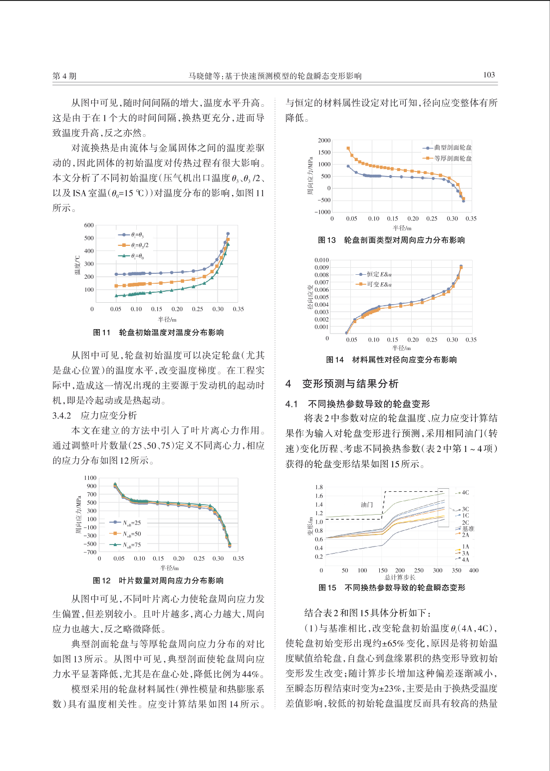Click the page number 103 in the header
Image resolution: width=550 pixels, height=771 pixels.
(489, 75)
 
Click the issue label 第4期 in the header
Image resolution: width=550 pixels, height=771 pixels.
(64, 76)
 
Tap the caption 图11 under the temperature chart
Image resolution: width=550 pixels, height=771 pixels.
(102, 333)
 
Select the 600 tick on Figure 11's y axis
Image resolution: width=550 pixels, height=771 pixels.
(89, 225)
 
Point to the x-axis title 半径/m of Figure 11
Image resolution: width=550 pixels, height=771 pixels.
(167, 319)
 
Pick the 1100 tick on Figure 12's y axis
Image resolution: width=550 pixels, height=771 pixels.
(90, 478)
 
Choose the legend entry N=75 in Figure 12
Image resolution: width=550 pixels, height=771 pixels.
(125, 545)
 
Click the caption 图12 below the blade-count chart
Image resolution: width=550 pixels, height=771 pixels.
(102, 580)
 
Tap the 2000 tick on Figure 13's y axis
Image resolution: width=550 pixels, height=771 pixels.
(324, 141)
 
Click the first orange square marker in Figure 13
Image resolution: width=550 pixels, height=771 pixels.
(348, 148)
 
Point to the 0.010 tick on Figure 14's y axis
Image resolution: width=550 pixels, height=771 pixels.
(322, 260)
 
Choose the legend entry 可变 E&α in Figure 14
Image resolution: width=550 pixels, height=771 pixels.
(374, 284)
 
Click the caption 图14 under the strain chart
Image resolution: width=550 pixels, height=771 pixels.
(335, 360)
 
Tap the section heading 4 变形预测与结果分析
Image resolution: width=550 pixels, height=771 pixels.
(342, 384)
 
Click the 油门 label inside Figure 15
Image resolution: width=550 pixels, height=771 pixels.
(367, 505)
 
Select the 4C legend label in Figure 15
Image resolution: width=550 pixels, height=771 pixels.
(465, 493)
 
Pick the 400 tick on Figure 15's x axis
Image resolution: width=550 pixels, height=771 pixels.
(474, 571)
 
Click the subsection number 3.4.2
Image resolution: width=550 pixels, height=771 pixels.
(62, 416)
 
